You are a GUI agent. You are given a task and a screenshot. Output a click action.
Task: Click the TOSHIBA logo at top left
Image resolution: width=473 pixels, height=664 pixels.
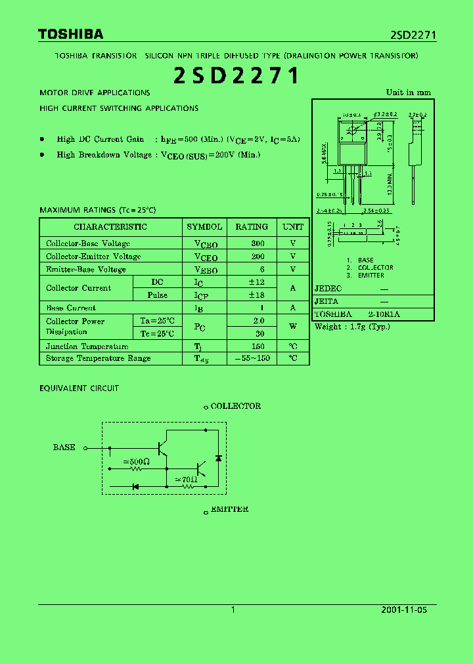(x=70, y=35)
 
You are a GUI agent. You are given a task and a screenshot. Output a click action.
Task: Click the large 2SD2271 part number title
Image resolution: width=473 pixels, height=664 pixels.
(x=236, y=76)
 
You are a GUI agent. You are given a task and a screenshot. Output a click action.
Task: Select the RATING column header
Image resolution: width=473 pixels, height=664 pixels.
(x=252, y=227)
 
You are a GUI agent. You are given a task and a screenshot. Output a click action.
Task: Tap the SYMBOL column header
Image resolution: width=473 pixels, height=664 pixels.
(x=204, y=227)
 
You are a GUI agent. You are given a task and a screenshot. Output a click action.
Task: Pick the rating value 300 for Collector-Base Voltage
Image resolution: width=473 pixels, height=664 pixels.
(x=258, y=243)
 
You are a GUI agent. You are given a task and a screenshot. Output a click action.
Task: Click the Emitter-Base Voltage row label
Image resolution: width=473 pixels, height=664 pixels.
(x=85, y=270)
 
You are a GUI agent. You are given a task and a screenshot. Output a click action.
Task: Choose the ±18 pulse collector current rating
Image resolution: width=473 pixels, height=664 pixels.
(x=256, y=295)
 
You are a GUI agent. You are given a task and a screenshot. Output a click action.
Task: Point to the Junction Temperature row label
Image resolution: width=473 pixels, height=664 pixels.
(x=87, y=346)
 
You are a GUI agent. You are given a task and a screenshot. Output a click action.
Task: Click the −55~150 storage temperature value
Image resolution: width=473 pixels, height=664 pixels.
(x=252, y=358)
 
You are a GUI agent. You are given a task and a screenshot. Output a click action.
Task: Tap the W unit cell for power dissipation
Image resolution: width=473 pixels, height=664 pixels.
(x=293, y=326)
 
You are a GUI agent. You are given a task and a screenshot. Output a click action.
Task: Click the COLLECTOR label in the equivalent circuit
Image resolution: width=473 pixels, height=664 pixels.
(x=235, y=406)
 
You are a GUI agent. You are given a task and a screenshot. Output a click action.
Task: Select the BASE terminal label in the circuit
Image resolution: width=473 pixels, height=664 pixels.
(x=64, y=447)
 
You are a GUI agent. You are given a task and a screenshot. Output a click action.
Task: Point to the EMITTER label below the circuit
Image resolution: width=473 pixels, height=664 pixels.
(x=229, y=509)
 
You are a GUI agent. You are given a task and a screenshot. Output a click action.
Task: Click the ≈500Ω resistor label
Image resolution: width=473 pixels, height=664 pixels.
(x=137, y=462)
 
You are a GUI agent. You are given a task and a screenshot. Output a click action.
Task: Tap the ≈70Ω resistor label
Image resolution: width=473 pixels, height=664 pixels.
(x=188, y=480)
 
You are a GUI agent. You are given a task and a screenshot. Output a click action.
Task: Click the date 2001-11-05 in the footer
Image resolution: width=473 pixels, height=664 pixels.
(x=404, y=610)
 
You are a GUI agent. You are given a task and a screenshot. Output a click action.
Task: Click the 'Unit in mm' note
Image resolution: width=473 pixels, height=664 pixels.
(x=408, y=93)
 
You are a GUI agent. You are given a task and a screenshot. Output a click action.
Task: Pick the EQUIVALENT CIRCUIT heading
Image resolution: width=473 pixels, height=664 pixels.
(x=79, y=388)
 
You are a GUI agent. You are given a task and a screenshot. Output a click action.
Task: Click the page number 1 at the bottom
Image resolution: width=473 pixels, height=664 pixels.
(x=233, y=610)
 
